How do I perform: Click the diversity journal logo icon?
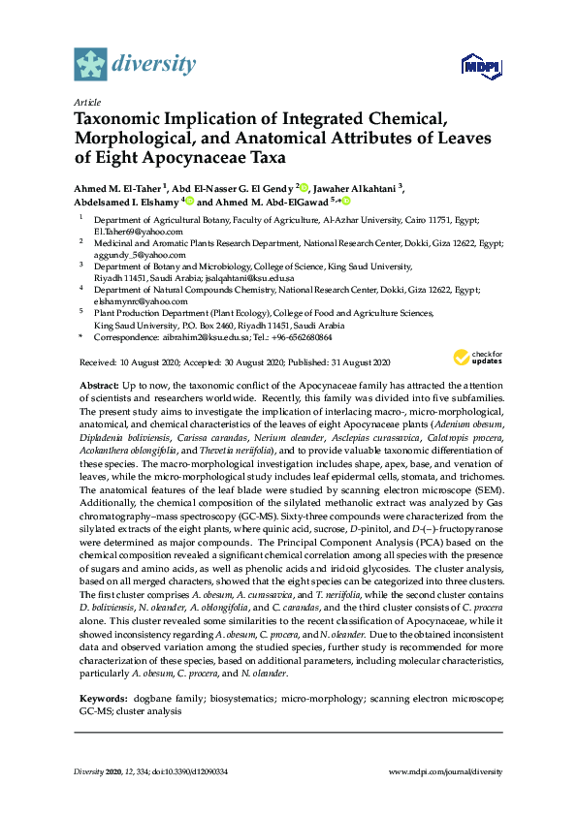[91, 65]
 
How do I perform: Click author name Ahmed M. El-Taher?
[118, 188]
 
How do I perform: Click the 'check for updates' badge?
[481, 359]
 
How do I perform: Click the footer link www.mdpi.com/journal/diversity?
[445, 771]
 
